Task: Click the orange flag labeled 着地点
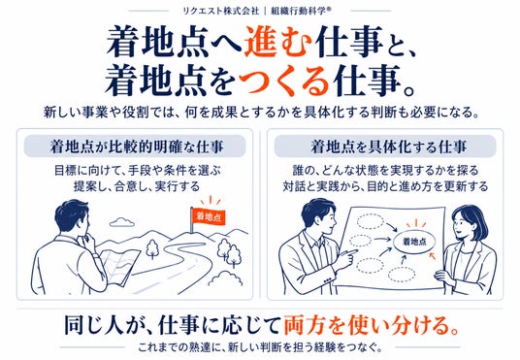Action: pyautogui.click(x=209, y=216)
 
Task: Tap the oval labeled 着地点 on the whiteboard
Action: pyautogui.click(x=414, y=242)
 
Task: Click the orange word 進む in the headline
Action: pyautogui.click(x=278, y=43)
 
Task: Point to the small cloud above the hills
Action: pyautogui.click(x=122, y=222)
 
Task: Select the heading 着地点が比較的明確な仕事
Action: pyautogui.click(x=137, y=147)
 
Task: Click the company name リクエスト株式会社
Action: pyautogui.click(x=221, y=11)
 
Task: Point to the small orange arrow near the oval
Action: pyautogui.click(x=432, y=256)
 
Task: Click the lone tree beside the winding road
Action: pyautogui.click(x=152, y=248)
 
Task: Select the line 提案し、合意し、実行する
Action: pyautogui.click(x=137, y=185)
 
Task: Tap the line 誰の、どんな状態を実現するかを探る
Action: pyautogui.click(x=386, y=170)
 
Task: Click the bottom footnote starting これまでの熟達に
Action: pyautogui.click(x=260, y=347)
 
